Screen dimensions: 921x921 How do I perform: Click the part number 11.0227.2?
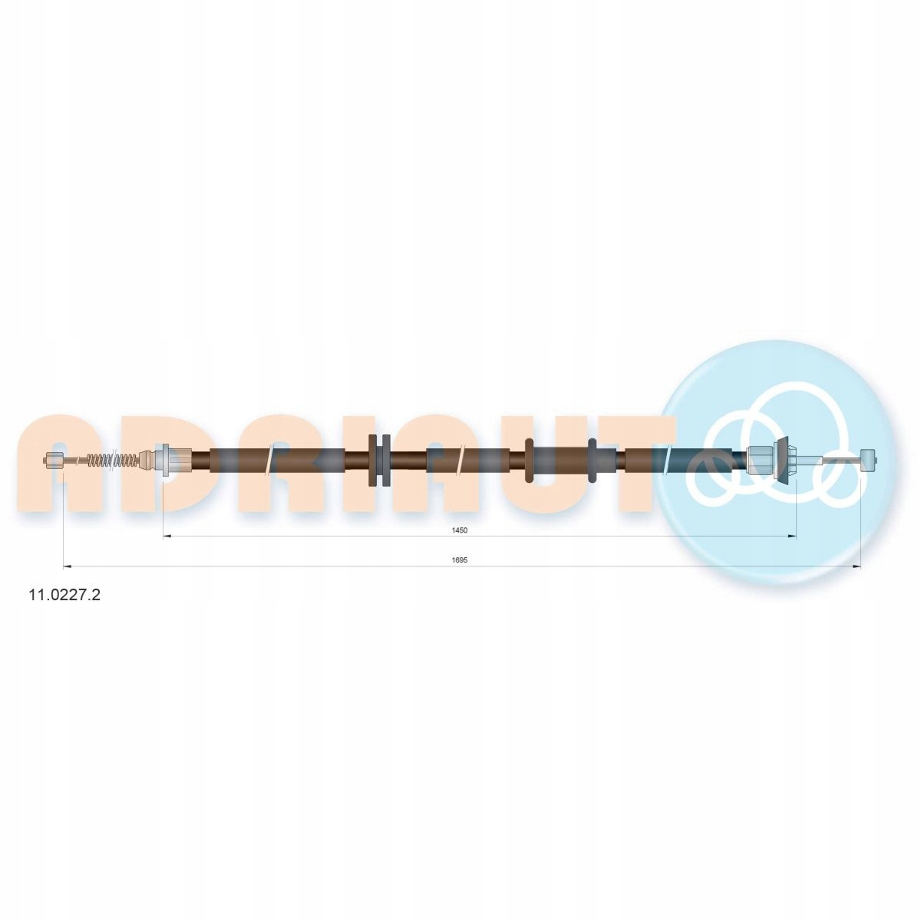tap(65, 595)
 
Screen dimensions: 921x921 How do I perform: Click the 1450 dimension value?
tap(460, 530)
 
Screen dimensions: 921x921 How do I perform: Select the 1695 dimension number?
tap(460, 560)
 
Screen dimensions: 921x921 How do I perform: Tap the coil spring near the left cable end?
tap(114, 461)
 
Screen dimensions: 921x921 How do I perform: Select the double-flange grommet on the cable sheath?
tap(380, 460)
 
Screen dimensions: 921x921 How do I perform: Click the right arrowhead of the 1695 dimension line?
tap(857, 567)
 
